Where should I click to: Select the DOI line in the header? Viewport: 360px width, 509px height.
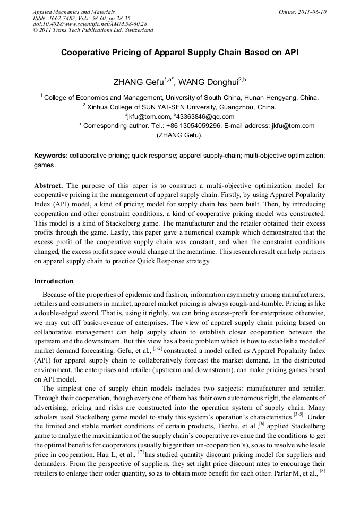coord(90,24)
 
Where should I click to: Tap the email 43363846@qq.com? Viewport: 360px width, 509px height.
coord(208,116)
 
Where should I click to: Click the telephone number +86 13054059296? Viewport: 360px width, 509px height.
coord(194,126)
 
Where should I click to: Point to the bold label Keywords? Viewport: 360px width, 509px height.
coord(51,156)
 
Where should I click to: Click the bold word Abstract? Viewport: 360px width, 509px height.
coord(48,185)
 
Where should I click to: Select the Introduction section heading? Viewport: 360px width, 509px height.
coord(54,281)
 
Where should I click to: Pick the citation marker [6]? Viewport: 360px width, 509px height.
coord(262,424)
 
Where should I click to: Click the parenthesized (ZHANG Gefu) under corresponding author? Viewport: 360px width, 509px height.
coord(179,135)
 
